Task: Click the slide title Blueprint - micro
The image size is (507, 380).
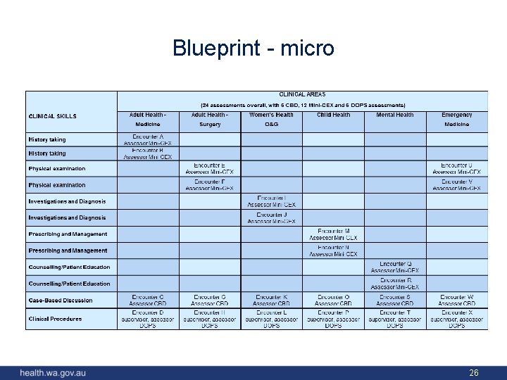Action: (254, 48)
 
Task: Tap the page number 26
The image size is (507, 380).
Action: (474, 373)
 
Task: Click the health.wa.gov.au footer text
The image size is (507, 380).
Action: (53, 373)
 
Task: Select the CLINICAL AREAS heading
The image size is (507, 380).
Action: (302, 94)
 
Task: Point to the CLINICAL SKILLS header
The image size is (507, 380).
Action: (53, 116)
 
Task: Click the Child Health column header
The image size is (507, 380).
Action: (333, 115)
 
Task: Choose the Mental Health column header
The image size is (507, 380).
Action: (395, 115)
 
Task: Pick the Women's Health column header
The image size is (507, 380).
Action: (271, 115)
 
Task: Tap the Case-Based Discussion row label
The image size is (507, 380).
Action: (61, 300)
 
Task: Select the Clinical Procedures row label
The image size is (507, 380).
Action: (55, 319)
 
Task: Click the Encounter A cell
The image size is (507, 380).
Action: (147, 139)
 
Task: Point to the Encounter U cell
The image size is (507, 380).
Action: (456, 168)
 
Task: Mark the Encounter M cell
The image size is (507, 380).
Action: (333, 234)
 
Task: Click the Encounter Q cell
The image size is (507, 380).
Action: (395, 267)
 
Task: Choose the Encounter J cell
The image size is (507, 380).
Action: (271, 217)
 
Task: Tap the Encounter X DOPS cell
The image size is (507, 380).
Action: (456, 319)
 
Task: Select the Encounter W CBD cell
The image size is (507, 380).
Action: (456, 300)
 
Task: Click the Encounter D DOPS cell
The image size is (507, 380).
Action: (147, 319)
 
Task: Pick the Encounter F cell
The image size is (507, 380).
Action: (209, 184)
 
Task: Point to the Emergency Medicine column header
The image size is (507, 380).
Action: (456, 119)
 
